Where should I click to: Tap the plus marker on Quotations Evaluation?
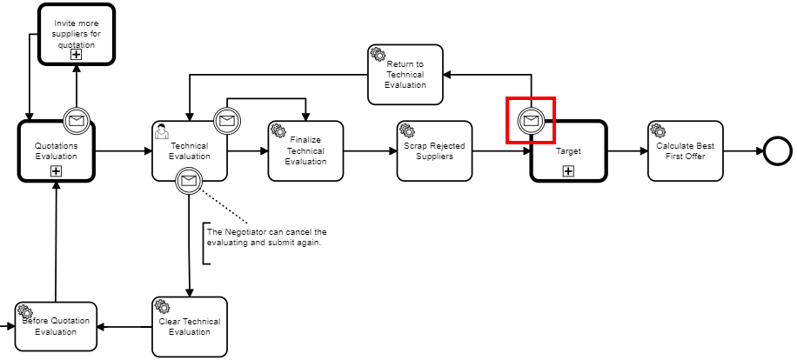point(56,170)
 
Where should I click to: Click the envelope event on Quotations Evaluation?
point(77,120)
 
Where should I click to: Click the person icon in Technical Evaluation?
point(162,130)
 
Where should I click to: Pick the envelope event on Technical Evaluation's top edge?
point(227,120)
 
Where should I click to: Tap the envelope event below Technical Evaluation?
point(189,181)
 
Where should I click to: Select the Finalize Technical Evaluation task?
point(305,150)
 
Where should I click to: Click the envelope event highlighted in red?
point(531,120)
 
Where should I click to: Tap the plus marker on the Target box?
point(568,170)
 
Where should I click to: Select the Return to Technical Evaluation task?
point(405,74)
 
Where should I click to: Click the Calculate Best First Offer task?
point(686,150)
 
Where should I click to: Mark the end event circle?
point(777,151)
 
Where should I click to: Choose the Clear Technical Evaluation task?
point(190,326)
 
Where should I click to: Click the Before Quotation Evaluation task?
point(56,326)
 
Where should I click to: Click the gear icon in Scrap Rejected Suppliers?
point(406,130)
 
